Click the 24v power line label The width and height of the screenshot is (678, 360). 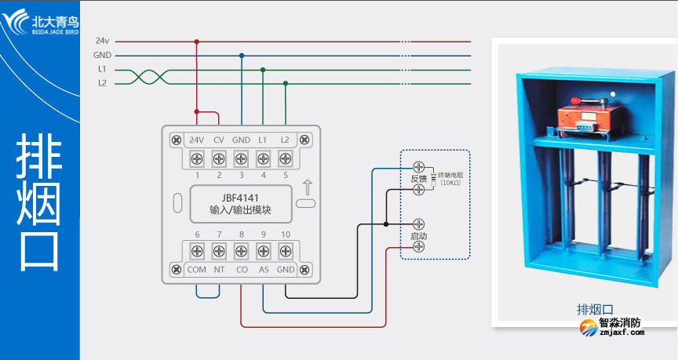click(102, 41)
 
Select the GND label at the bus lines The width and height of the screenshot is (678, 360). click(102, 56)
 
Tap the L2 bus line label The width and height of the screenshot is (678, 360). click(102, 83)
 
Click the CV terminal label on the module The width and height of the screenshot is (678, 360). click(219, 140)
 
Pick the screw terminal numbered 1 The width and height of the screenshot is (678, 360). click(197, 159)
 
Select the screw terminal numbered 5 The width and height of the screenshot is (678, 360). click(285, 159)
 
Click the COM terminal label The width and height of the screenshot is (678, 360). click(196, 269)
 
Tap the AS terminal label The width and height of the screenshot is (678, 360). click(264, 269)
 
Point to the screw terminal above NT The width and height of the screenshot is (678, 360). click(219, 251)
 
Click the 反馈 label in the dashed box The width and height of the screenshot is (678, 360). click(418, 179)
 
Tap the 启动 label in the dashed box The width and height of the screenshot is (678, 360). click(418, 235)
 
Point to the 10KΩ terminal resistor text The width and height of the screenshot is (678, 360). click(450, 183)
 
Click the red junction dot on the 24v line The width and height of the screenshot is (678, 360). click(196, 42)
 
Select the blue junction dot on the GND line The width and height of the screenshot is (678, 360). click(241, 56)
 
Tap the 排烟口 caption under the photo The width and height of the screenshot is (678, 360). click(593, 308)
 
